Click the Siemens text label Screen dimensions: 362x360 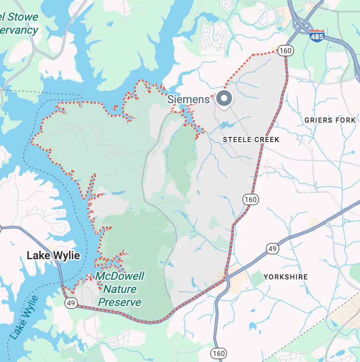pyautogui.click(x=188, y=99)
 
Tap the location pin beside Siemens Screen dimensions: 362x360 pyautogui.click(x=225, y=99)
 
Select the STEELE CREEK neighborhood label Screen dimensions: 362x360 pyautogui.click(x=251, y=140)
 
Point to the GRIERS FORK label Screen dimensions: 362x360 pyautogui.click(x=330, y=120)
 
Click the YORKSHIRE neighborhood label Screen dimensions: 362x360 pyautogui.click(x=285, y=277)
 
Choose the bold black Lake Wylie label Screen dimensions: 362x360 pyautogui.click(x=53, y=256)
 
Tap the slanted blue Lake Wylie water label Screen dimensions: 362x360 pyautogui.click(x=25, y=318)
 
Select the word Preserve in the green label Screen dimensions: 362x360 pyautogui.click(x=120, y=302)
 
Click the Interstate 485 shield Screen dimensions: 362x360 pyautogui.click(x=317, y=35)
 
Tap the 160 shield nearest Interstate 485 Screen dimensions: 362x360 pyautogui.click(x=285, y=50)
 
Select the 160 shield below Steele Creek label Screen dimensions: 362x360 pyautogui.click(x=251, y=199)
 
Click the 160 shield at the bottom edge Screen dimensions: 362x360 pyautogui.click(x=219, y=352)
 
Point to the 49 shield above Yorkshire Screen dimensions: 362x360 pyautogui.click(x=272, y=249)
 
